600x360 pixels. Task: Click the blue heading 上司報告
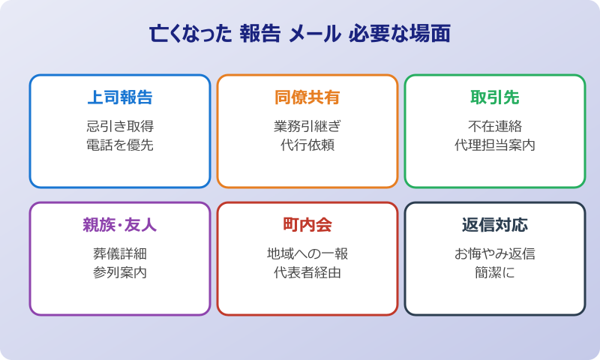point(120,97)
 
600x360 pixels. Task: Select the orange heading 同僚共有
point(307,97)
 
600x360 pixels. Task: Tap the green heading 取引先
point(495,97)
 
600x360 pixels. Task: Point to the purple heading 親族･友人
point(120,225)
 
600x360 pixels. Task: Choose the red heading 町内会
point(307,225)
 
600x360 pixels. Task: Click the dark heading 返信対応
point(495,225)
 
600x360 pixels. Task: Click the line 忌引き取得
point(120,126)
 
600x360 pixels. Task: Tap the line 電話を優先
point(120,145)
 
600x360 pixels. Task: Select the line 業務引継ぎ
point(307,126)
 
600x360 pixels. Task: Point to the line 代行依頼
point(307,145)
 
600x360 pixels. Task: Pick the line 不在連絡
point(495,126)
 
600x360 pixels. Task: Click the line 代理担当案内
point(495,145)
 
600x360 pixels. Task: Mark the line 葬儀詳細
point(120,253)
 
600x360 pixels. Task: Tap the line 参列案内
point(120,273)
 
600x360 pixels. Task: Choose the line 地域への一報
point(307,253)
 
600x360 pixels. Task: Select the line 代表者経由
point(307,273)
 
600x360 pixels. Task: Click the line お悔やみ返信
point(495,253)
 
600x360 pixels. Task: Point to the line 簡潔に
point(495,273)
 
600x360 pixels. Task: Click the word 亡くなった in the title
point(190,35)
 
